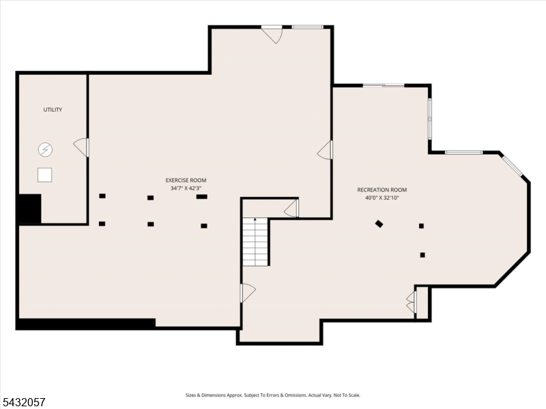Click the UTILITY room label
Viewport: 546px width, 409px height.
[53, 110]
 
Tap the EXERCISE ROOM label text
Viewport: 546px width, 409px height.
[186, 180]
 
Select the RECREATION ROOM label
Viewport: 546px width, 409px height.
[382, 190]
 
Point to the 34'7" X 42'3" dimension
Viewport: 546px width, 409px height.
[186, 188]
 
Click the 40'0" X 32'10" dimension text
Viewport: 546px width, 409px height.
[382, 198]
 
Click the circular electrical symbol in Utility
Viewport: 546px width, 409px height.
[45, 150]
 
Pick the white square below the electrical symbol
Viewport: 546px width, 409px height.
[45, 175]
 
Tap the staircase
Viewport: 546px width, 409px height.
[255, 242]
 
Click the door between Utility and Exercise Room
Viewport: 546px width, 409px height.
[81, 147]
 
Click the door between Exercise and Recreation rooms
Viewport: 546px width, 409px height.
[325, 149]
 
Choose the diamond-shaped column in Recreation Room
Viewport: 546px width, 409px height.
[379, 224]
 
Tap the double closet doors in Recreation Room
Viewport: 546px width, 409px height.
[411, 302]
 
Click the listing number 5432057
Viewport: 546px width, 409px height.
[23, 402]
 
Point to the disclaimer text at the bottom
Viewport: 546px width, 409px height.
[273, 395]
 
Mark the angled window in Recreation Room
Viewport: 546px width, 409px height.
[513, 166]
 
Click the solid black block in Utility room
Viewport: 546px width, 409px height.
[29, 209]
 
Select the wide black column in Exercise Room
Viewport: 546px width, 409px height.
[201, 197]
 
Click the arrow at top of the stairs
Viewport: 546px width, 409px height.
[255, 219]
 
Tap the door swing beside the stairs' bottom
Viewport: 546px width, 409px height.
[248, 293]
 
